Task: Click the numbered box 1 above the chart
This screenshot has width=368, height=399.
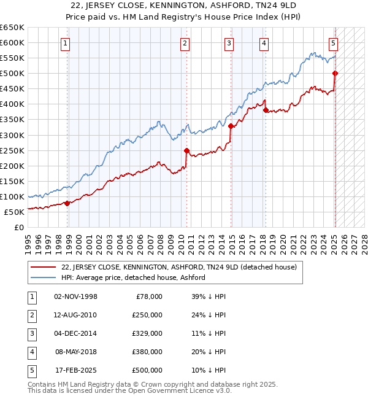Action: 65,43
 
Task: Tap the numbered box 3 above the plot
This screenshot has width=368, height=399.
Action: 228,43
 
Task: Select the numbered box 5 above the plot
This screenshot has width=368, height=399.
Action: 333,43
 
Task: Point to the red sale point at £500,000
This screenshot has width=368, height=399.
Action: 335,74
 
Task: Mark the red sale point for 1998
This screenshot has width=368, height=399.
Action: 67,203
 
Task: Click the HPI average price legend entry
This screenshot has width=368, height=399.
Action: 132,277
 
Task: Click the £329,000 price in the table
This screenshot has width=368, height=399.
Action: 148,333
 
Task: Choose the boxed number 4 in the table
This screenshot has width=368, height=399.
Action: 31,352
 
